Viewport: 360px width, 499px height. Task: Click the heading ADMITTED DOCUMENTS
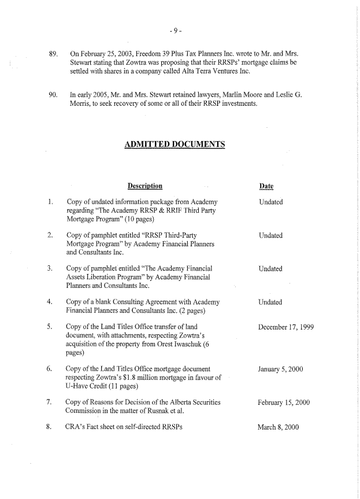[175, 144]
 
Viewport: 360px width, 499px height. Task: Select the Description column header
[144, 186]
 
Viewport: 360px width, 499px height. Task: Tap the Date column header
[266, 186]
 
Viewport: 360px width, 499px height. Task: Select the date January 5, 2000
[281, 368]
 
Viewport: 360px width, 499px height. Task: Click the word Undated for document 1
[270, 202]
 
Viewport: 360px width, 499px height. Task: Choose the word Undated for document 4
[270, 302]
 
